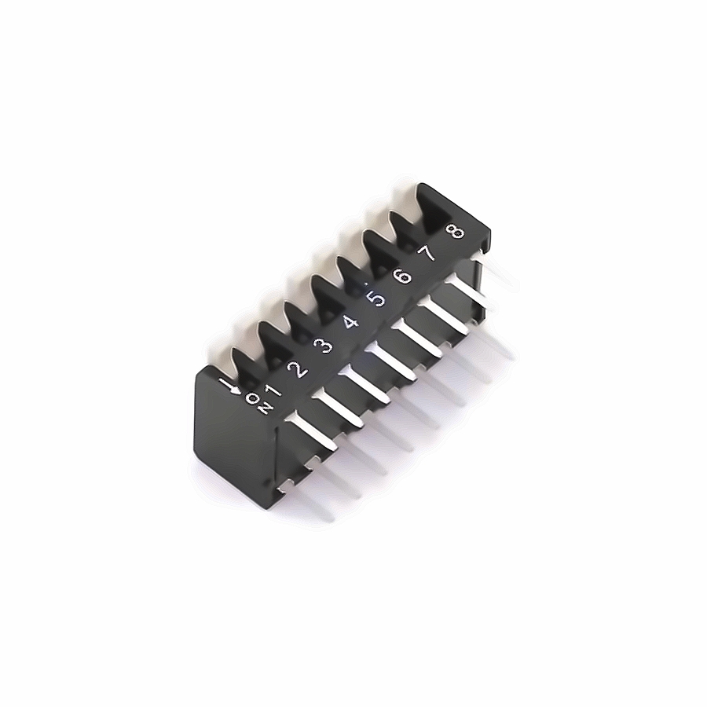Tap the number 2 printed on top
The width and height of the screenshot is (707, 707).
(x=298, y=370)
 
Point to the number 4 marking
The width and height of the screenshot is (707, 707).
(x=350, y=323)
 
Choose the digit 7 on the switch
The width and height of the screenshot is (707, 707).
(x=427, y=254)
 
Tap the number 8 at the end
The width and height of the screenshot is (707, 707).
(x=454, y=231)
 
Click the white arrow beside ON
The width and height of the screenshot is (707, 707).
(x=230, y=386)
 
